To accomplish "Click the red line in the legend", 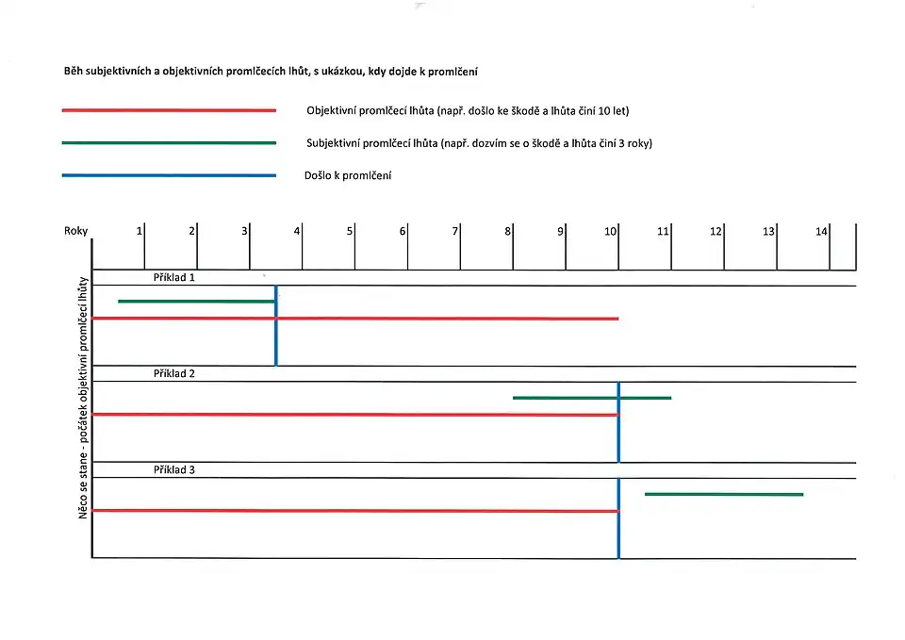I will point(169,110).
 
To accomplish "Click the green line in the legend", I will point(169,143).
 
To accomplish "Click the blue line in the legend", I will point(169,175).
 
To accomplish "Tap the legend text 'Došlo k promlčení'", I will point(347,175).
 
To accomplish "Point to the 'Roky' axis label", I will point(75,231).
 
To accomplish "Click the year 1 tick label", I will point(140,231).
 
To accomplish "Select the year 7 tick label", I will point(454,231).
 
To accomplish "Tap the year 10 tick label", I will point(611,231).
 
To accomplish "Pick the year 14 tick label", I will point(821,231).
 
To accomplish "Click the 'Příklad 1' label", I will point(174,278).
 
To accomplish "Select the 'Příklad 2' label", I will point(174,374).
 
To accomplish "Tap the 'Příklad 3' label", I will point(174,469).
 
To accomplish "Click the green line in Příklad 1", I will point(196,302).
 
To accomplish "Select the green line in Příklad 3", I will point(724,494).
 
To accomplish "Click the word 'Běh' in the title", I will point(74,72).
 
